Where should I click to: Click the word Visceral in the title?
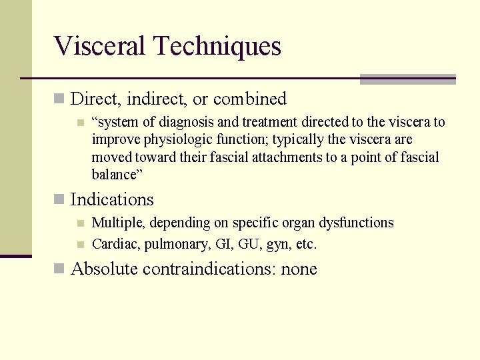(100, 47)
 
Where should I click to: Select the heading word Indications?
(112, 200)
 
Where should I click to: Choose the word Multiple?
(117, 223)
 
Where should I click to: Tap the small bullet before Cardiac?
(80, 245)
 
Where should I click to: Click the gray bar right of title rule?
(407, 79)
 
